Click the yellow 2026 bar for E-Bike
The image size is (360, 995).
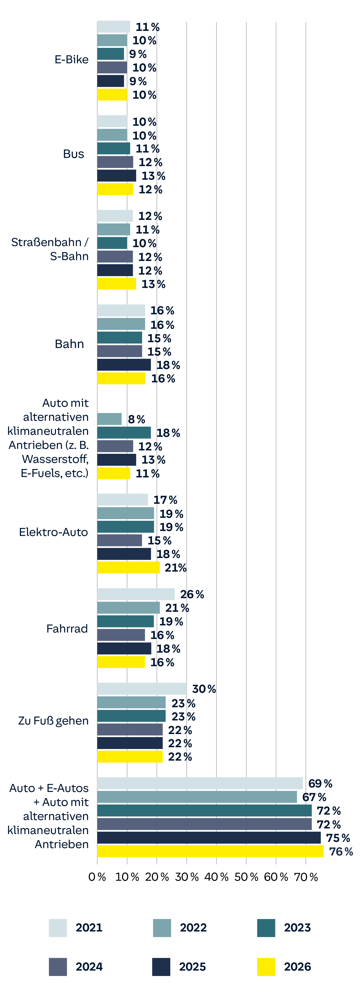112,95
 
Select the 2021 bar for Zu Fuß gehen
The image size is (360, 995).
142,689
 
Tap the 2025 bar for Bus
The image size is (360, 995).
116,176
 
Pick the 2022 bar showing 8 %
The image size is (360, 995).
109,419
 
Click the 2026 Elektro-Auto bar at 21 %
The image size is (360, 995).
128,567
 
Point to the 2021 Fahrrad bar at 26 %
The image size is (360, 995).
136,594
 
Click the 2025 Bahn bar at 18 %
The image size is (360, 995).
124,365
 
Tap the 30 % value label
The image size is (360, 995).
204,689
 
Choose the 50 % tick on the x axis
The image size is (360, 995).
246,877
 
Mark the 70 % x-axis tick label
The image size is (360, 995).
306,877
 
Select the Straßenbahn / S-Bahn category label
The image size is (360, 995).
50,249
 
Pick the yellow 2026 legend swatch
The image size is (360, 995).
266,967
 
